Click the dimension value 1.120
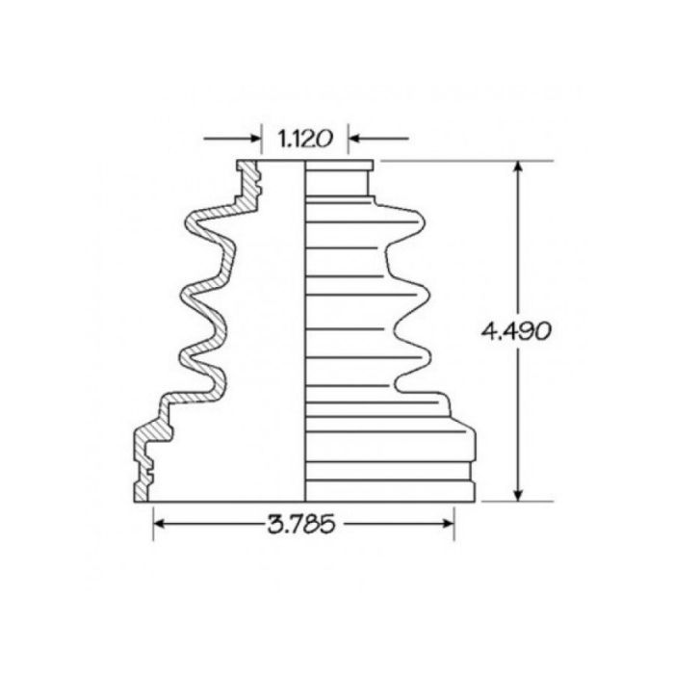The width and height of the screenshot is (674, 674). point(304,139)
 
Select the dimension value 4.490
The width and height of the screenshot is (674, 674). point(516,331)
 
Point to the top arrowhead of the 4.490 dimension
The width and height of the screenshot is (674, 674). point(519,168)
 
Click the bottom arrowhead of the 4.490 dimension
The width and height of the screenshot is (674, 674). point(519,494)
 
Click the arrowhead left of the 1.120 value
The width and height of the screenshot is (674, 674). point(255,139)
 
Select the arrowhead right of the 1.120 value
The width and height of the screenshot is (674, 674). point(354,139)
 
